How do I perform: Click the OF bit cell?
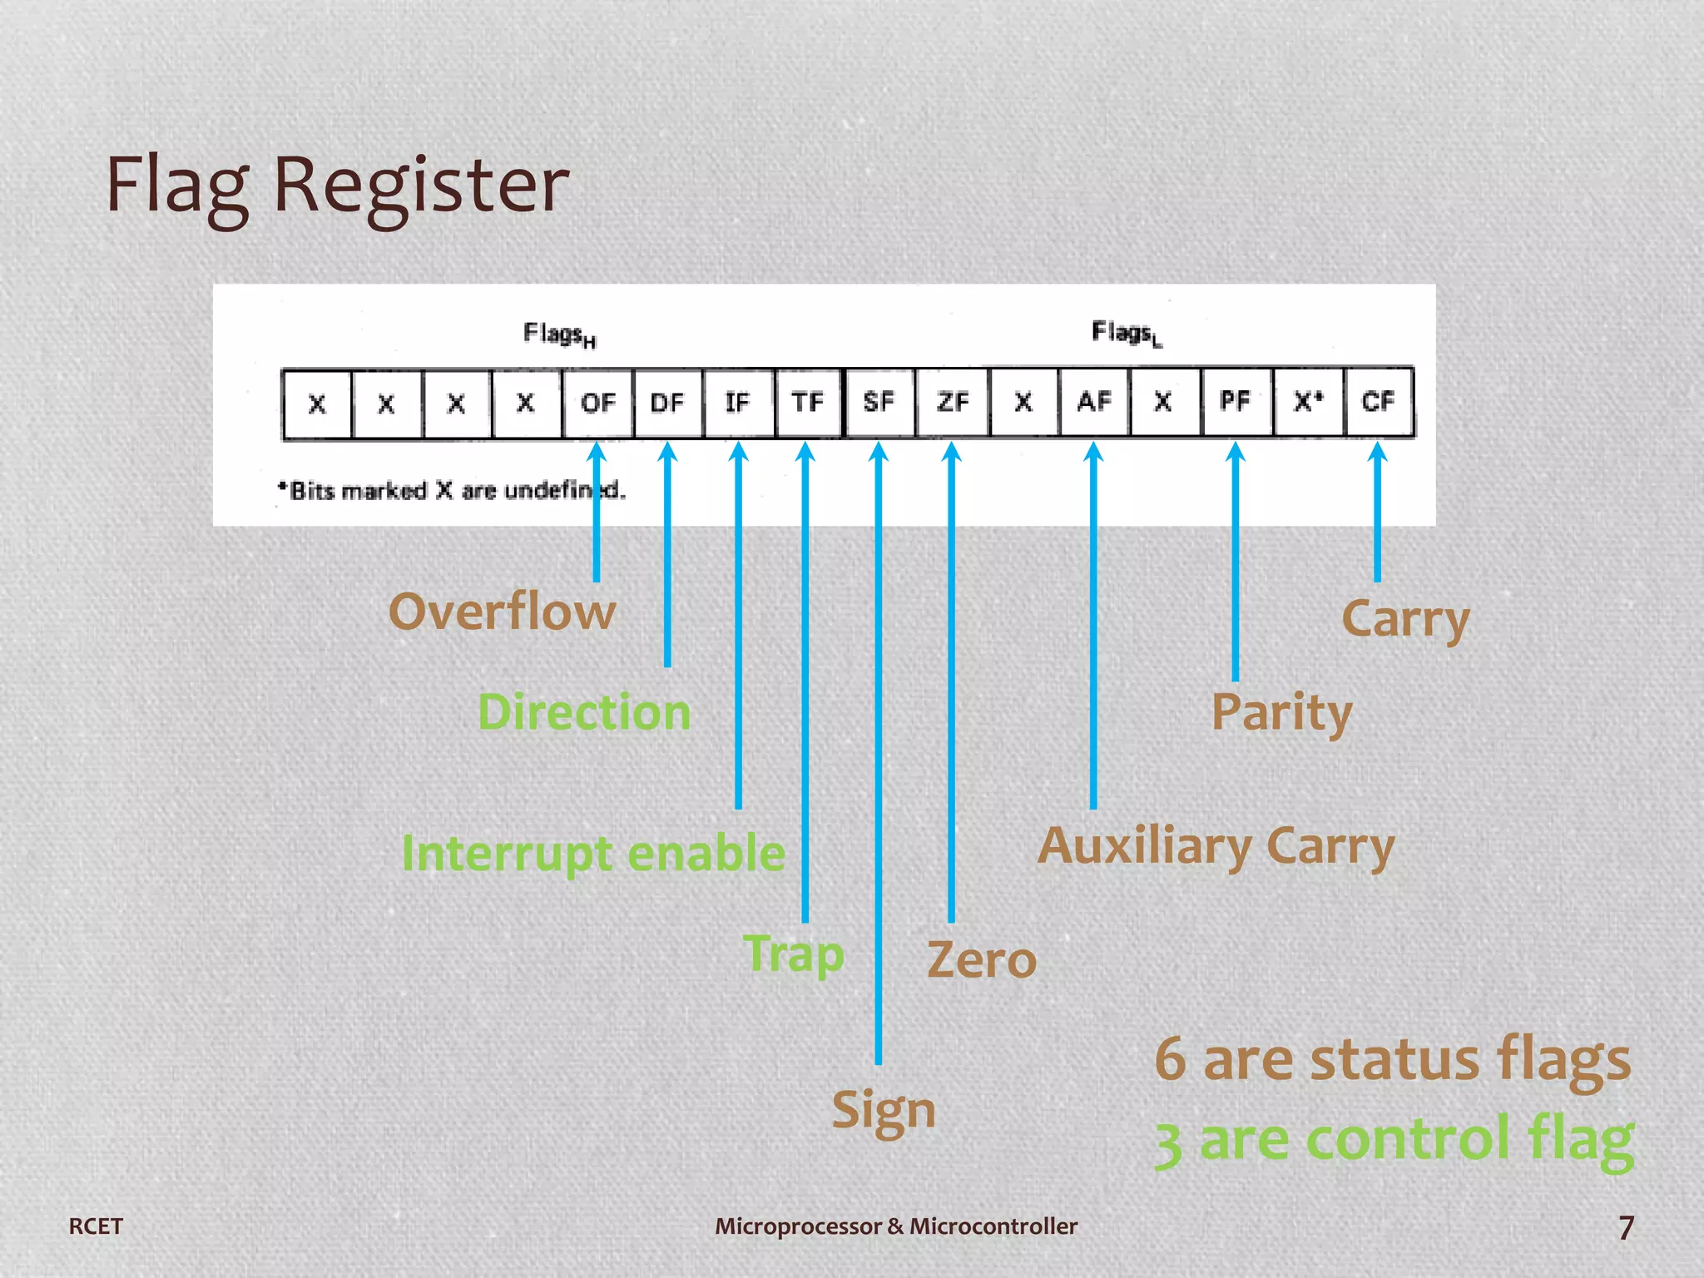pyautogui.click(x=597, y=404)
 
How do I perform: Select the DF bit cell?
pyautogui.click(x=667, y=404)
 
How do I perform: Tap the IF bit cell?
pyautogui.click(x=738, y=404)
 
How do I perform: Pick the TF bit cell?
pyautogui.click(x=808, y=404)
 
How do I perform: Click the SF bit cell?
pyautogui.click(x=879, y=403)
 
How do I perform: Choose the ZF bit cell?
pyautogui.click(x=952, y=403)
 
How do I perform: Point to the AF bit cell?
pyautogui.click(x=1094, y=402)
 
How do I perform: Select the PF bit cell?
pyautogui.click(x=1236, y=402)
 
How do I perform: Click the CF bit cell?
pyautogui.click(x=1378, y=402)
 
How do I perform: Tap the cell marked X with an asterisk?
pyautogui.click(x=1308, y=402)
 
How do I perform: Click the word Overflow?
pyautogui.click(x=502, y=612)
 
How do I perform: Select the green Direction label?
pyautogui.click(x=584, y=713)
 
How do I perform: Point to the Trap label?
pyautogui.click(x=794, y=954)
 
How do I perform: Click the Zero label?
pyautogui.click(x=982, y=960)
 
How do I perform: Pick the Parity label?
pyautogui.click(x=1281, y=713)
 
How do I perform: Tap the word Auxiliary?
pyautogui.click(x=1144, y=847)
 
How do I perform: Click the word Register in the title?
pyautogui.click(x=421, y=185)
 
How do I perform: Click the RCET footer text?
pyautogui.click(x=96, y=1226)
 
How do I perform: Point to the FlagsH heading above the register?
pyautogui.click(x=559, y=334)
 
